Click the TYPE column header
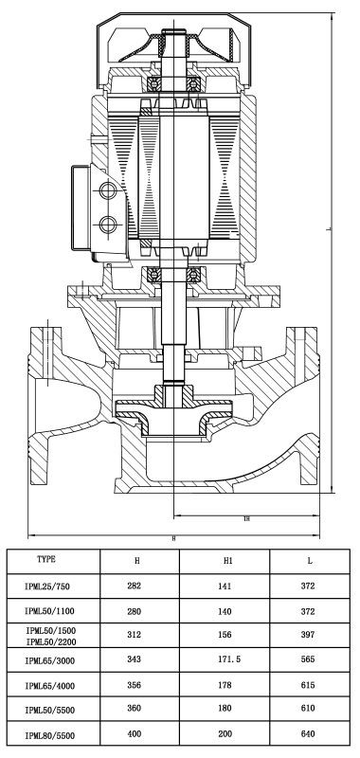click(46, 559)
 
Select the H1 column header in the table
click(228, 561)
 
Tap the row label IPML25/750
click(47, 587)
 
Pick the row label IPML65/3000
click(50, 660)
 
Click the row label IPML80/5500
click(50, 736)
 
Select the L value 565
click(308, 659)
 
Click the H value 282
click(134, 586)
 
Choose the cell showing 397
click(308, 634)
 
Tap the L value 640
click(308, 733)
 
